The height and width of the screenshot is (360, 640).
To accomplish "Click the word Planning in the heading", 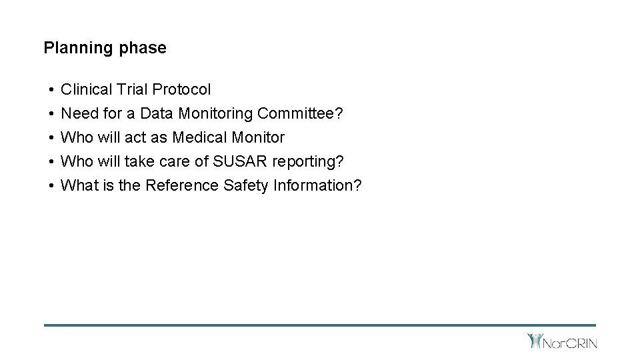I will coord(73,49).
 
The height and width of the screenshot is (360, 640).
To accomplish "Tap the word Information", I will coord(317,185).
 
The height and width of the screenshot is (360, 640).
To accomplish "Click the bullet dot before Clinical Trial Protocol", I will coord(51,90).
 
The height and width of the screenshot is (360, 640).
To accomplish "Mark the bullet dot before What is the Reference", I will coord(51,186).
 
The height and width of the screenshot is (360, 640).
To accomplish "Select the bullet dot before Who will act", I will coord(51,138).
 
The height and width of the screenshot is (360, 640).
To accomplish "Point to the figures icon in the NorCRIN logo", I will coord(535,341).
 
